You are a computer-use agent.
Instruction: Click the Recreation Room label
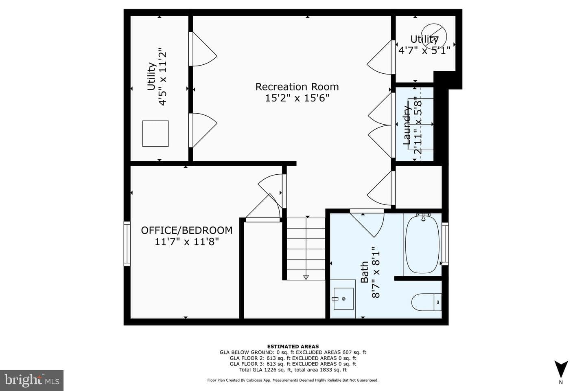[297, 87]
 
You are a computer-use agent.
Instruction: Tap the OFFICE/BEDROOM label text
[186, 230]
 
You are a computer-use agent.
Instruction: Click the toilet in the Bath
[426, 302]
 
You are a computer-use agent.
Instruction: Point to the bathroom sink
[343, 299]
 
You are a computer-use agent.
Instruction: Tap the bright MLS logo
[31, 380]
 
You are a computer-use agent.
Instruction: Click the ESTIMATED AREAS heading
[293, 347]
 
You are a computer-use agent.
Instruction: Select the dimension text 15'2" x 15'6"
[297, 98]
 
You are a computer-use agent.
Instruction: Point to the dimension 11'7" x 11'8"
[186, 242]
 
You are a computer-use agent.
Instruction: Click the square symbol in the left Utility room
[155, 134]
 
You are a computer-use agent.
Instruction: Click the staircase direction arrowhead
[306, 277]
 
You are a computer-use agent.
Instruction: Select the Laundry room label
[406, 125]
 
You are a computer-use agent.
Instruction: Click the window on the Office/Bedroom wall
[127, 244]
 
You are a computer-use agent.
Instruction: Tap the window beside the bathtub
[445, 244]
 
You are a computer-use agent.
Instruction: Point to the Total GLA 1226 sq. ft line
[293, 370]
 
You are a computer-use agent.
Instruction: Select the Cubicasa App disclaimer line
[293, 380]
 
